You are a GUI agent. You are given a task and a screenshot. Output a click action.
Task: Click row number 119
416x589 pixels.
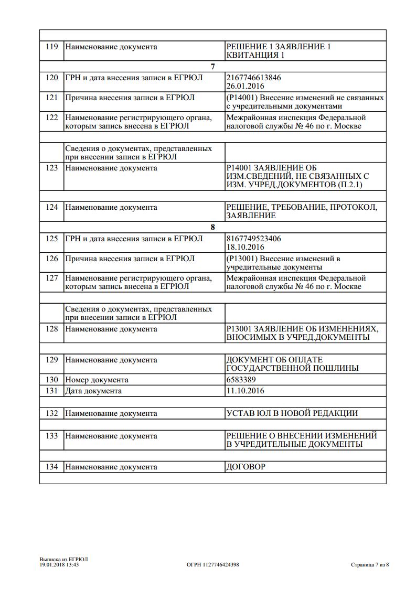(x=51, y=47)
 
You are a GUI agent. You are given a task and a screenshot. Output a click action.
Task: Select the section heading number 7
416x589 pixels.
(x=212, y=67)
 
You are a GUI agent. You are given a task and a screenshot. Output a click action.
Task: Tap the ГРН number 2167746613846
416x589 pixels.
(x=253, y=78)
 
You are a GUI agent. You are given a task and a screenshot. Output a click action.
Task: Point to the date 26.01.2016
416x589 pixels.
(x=245, y=86)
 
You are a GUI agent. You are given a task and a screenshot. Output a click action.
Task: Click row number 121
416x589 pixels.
(x=51, y=98)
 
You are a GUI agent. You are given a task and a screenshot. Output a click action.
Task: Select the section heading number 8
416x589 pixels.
(x=212, y=228)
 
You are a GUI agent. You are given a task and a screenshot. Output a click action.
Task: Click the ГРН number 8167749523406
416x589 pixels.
(x=253, y=239)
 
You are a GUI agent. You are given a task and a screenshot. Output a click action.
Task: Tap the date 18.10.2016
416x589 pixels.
(x=245, y=247)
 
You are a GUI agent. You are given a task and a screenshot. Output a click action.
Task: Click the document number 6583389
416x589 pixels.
(x=241, y=380)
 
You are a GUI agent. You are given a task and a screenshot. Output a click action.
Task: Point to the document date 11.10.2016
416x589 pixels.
(x=245, y=391)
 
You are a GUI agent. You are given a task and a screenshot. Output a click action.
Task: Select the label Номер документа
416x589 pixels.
(x=97, y=380)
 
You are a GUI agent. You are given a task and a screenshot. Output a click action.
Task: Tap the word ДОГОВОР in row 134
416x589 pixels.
(x=246, y=466)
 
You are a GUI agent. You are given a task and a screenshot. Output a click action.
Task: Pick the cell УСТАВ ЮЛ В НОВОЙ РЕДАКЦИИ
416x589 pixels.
(x=292, y=413)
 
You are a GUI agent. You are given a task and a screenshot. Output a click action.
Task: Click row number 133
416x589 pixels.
(x=51, y=436)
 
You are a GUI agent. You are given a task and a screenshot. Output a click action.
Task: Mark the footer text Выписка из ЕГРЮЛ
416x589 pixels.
(x=63, y=559)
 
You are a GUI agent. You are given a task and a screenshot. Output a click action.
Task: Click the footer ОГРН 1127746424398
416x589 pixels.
(x=212, y=565)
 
